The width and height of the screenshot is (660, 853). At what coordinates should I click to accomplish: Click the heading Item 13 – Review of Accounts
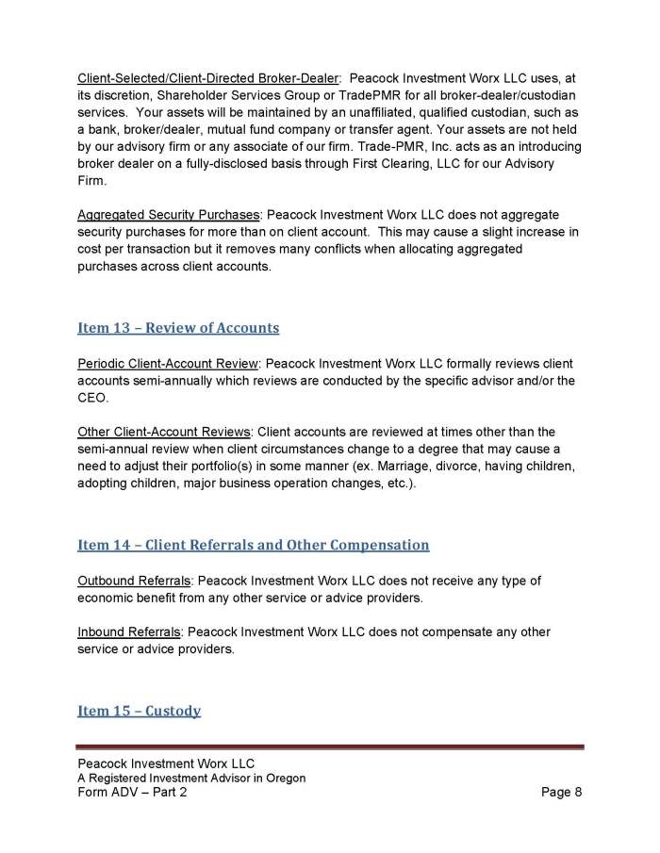(178, 328)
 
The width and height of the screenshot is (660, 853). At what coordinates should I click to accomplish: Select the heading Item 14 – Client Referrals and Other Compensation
(254, 545)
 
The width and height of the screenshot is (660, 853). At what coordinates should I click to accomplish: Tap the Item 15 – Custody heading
(139, 711)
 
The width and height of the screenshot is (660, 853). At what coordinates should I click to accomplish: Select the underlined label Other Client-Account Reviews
(164, 433)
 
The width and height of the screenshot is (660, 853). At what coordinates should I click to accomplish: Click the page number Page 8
(562, 793)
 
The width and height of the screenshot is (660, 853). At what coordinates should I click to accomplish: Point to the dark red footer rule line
(330, 747)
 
